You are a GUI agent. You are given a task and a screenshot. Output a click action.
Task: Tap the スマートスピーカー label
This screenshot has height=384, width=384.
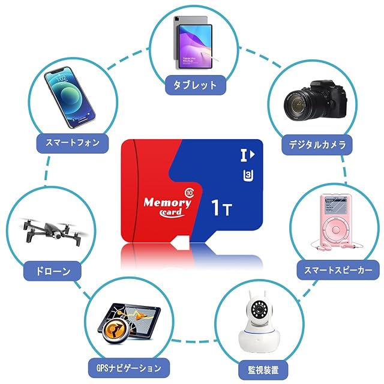point(334,270)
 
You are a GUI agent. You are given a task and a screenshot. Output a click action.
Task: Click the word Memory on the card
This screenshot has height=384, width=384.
point(167,203)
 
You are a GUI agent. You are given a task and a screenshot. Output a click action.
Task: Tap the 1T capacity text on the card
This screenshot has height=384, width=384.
point(223,208)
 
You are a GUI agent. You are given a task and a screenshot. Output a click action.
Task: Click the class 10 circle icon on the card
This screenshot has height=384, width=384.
point(190,192)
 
